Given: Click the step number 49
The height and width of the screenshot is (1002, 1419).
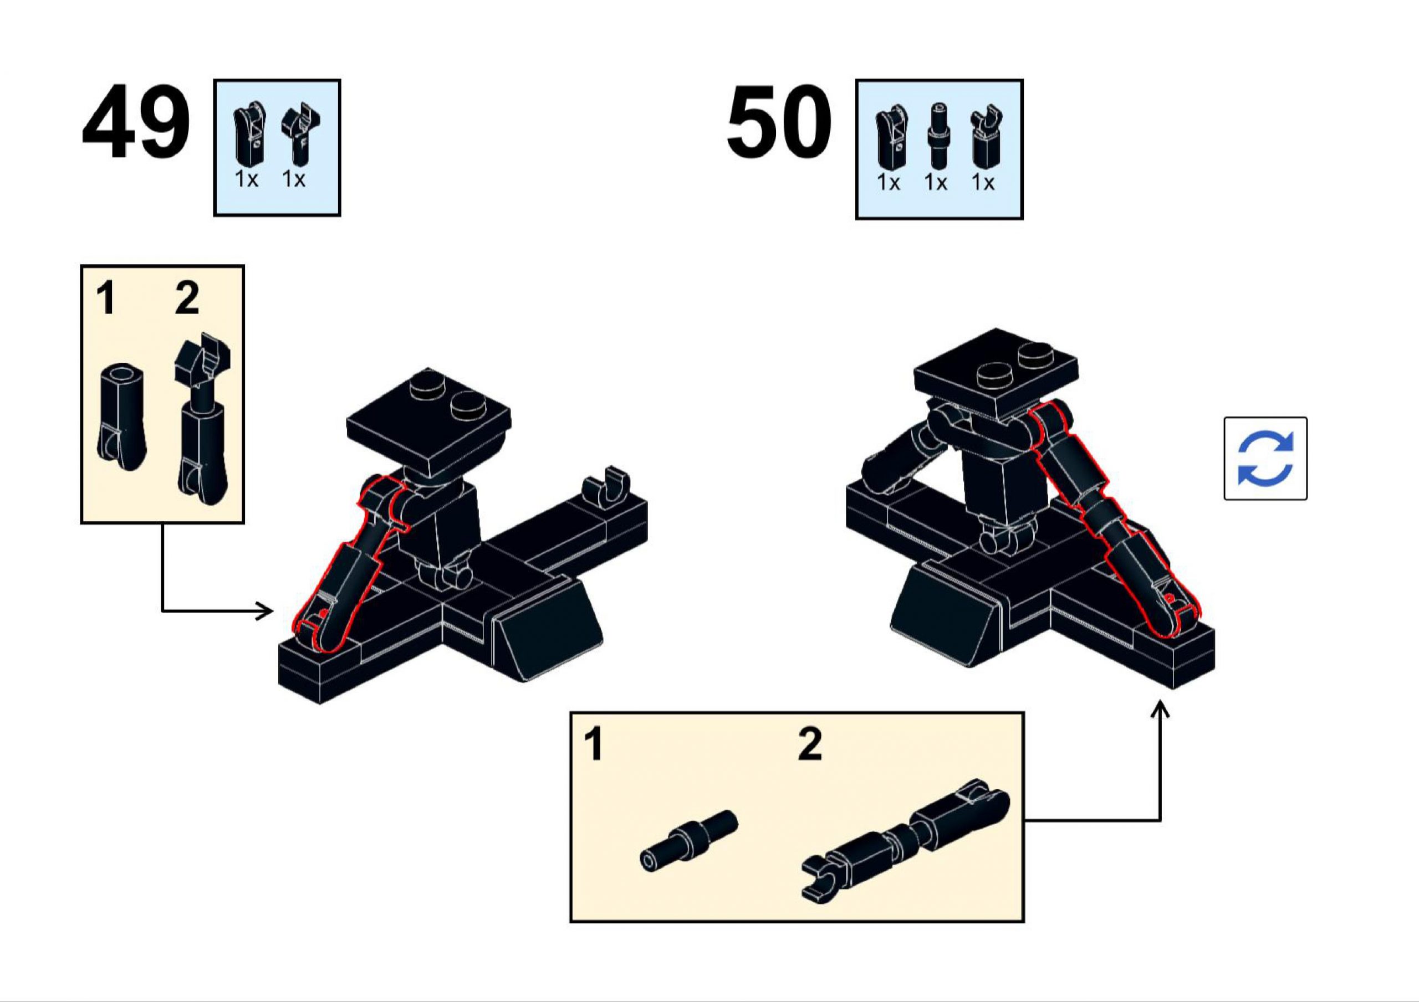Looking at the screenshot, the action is point(135,123).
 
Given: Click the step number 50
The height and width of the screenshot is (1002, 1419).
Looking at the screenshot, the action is point(779,123).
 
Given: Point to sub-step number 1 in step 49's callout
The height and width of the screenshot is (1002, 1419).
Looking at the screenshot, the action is point(106,299).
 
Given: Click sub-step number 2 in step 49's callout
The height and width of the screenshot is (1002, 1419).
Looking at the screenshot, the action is point(187,299).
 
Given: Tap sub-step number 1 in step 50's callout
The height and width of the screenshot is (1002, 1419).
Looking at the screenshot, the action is point(593,744).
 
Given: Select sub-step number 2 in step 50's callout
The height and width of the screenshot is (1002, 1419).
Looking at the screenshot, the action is point(810,744).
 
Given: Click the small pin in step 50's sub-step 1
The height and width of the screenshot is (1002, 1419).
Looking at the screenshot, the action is point(688,841).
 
